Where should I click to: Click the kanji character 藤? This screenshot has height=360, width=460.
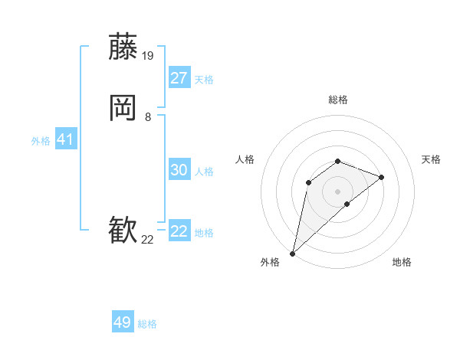coord(123,47)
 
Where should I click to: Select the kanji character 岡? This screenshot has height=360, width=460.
coord(123,109)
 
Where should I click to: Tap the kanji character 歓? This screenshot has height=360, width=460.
coord(123,231)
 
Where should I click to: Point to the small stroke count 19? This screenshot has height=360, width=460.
coord(149,55)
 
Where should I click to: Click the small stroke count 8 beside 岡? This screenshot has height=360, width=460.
coord(147,117)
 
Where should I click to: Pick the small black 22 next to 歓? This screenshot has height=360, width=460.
coord(148,240)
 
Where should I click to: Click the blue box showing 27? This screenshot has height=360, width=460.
coord(179,78)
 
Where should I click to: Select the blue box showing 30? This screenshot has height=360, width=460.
coord(179,170)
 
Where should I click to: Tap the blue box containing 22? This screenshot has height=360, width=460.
coord(179,231)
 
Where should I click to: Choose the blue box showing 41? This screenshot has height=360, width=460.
coord(65,139)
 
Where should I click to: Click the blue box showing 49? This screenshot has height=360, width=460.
coord(123,322)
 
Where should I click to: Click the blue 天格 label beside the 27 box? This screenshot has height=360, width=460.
coord(204,79)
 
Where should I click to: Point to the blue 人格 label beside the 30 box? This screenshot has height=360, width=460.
coord(204,171)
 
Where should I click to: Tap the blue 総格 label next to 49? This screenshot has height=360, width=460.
coord(148,324)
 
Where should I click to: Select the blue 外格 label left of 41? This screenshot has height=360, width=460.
coord(41,141)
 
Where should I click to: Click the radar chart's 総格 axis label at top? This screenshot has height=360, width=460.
coord(338,100)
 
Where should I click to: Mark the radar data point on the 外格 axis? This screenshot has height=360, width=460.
coord(292,254)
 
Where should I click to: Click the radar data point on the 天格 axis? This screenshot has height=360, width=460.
coord(382,177)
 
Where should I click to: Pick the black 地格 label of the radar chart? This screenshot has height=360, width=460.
coord(402,262)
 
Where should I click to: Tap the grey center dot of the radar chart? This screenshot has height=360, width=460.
coord(338,191)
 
